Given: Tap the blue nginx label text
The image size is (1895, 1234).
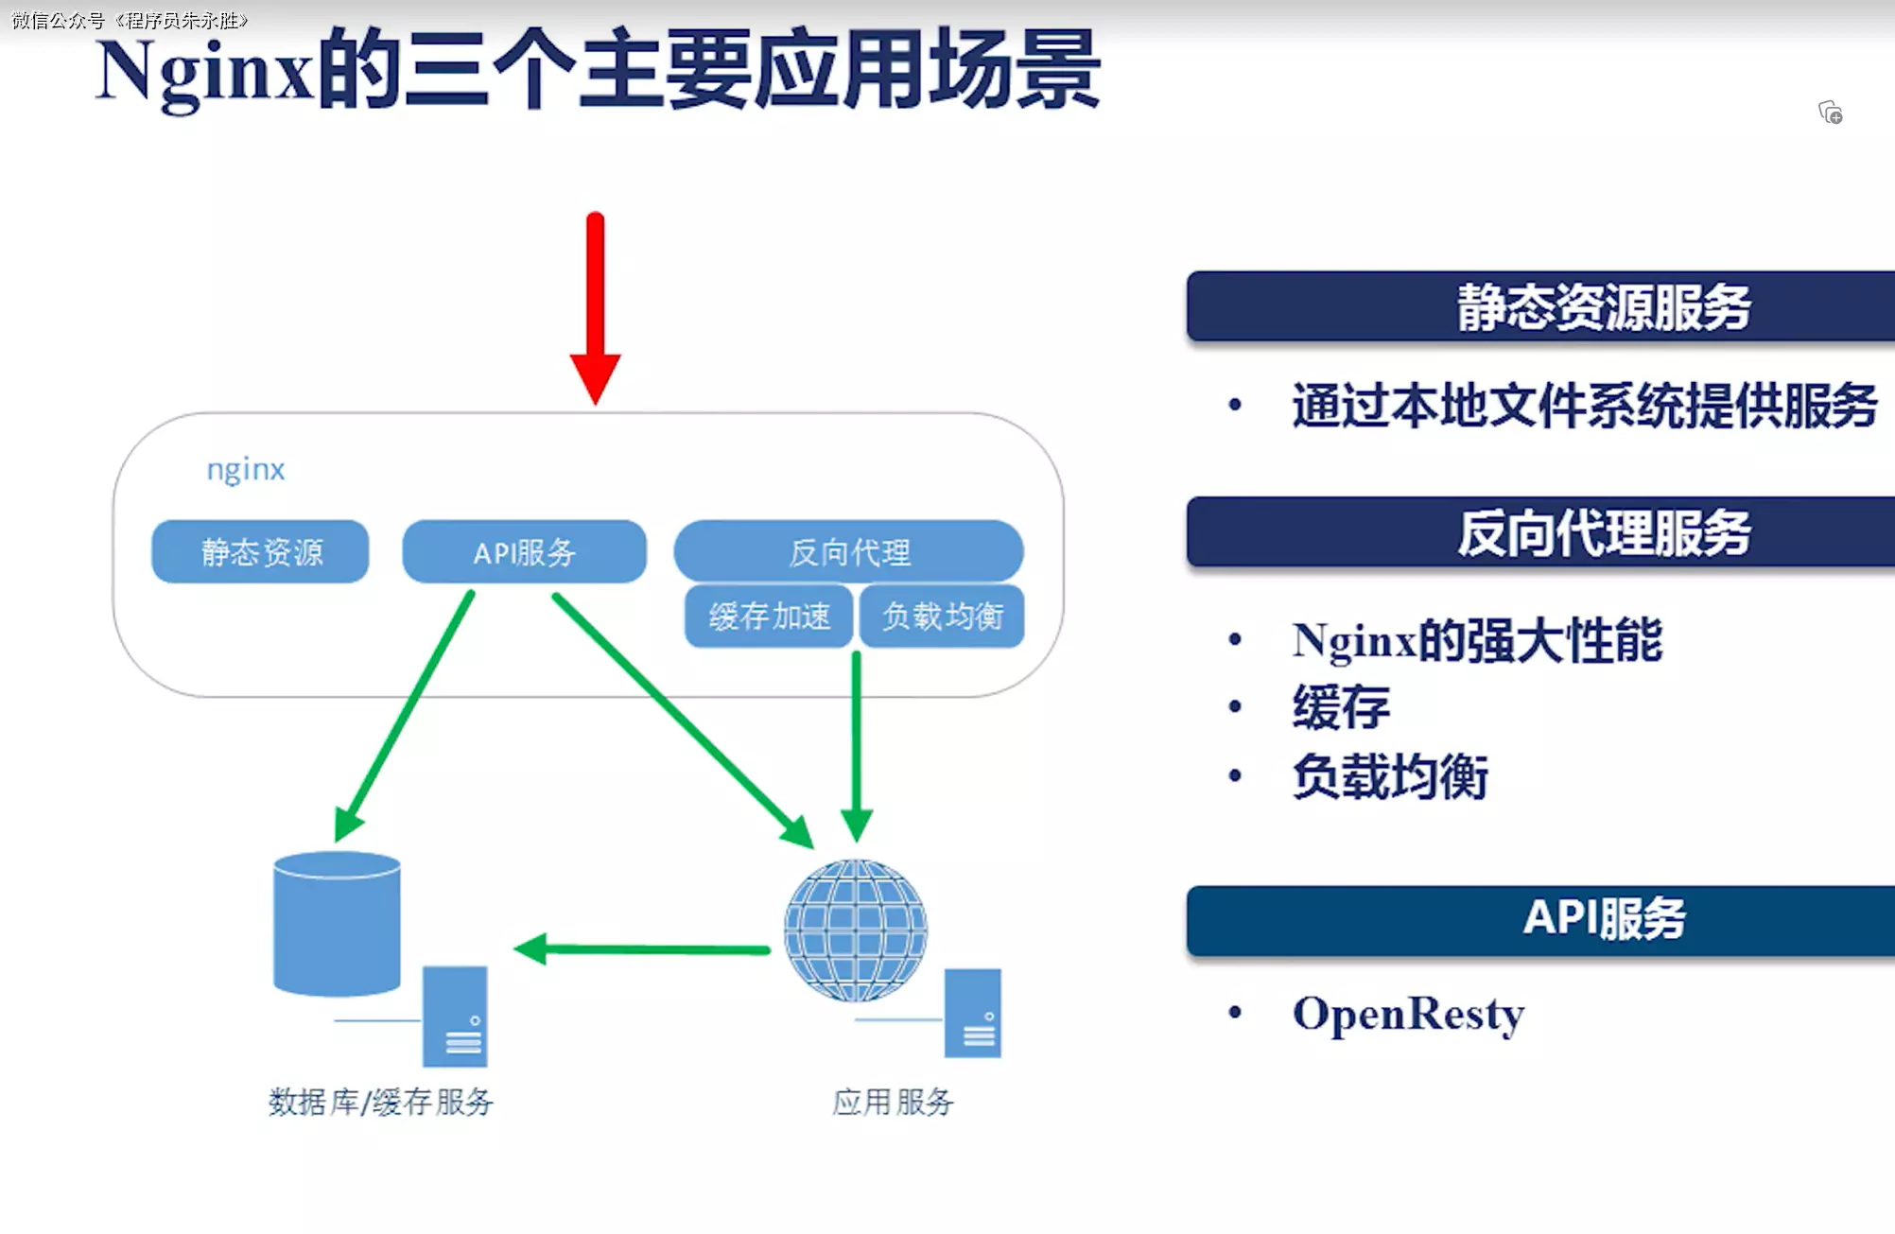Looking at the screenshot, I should tap(246, 469).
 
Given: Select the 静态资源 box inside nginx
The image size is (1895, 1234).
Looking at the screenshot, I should tap(260, 551).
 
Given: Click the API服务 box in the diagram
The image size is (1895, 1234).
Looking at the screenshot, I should tap(524, 551).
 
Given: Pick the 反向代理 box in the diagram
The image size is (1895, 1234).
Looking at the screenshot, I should tap(848, 551).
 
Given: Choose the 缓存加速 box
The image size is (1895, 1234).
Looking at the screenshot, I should tap(769, 617).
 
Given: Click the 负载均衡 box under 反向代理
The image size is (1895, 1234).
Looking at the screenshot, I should tap(942, 617).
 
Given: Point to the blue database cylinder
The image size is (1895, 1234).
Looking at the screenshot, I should tap(337, 924).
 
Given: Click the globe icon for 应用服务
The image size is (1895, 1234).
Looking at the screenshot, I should tap(856, 930).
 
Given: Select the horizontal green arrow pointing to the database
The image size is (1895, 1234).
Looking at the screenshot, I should tap(643, 948).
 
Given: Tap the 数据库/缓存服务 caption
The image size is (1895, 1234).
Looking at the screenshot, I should tap(380, 1102).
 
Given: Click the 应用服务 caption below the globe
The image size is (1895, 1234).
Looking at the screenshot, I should tap(893, 1102).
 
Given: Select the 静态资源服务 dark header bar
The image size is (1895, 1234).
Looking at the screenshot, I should tap(1540, 306).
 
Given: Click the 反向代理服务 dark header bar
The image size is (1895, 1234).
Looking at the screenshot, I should tap(1540, 531).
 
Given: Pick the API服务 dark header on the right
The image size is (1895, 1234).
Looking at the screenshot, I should tap(1540, 920).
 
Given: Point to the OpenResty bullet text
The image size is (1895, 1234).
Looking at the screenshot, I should tap(1408, 1015).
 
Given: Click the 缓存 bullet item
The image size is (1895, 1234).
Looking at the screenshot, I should tap(1341, 707).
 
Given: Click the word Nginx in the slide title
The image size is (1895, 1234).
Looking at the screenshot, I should tap(205, 74).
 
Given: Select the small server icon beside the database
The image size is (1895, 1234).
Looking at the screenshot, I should tap(455, 1017).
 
